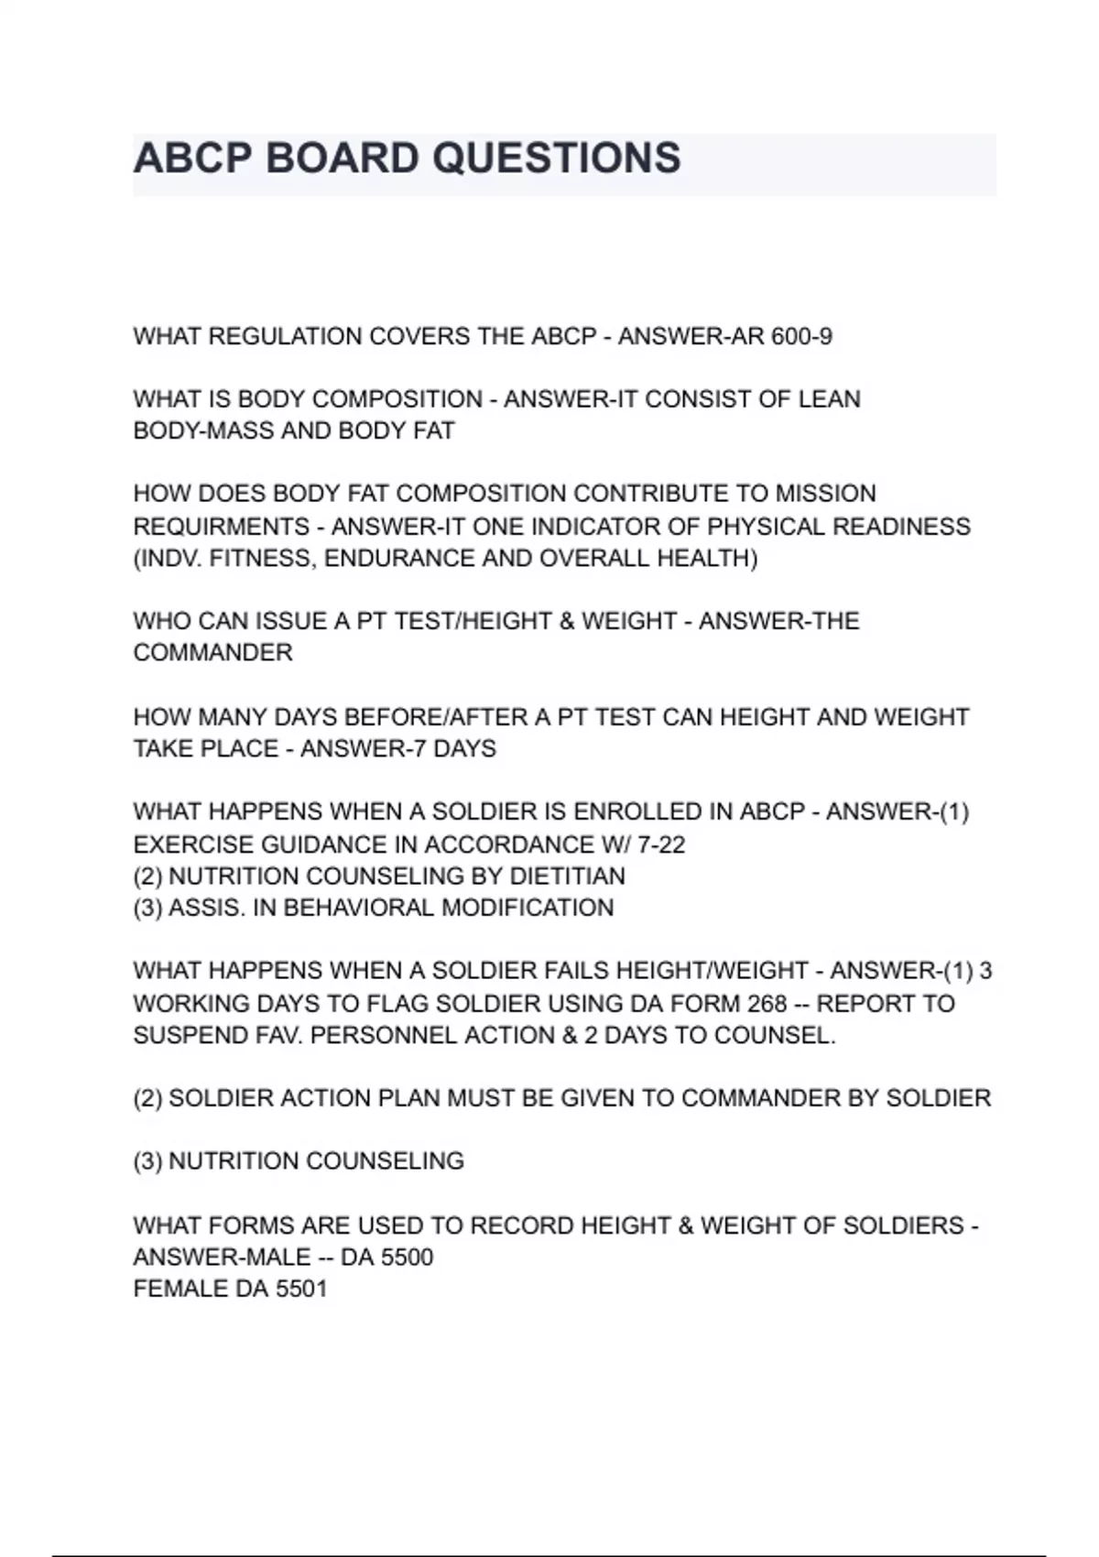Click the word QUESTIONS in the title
556,158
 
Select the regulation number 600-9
801,337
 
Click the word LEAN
830,400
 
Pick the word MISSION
825,495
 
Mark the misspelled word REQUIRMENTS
221,528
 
